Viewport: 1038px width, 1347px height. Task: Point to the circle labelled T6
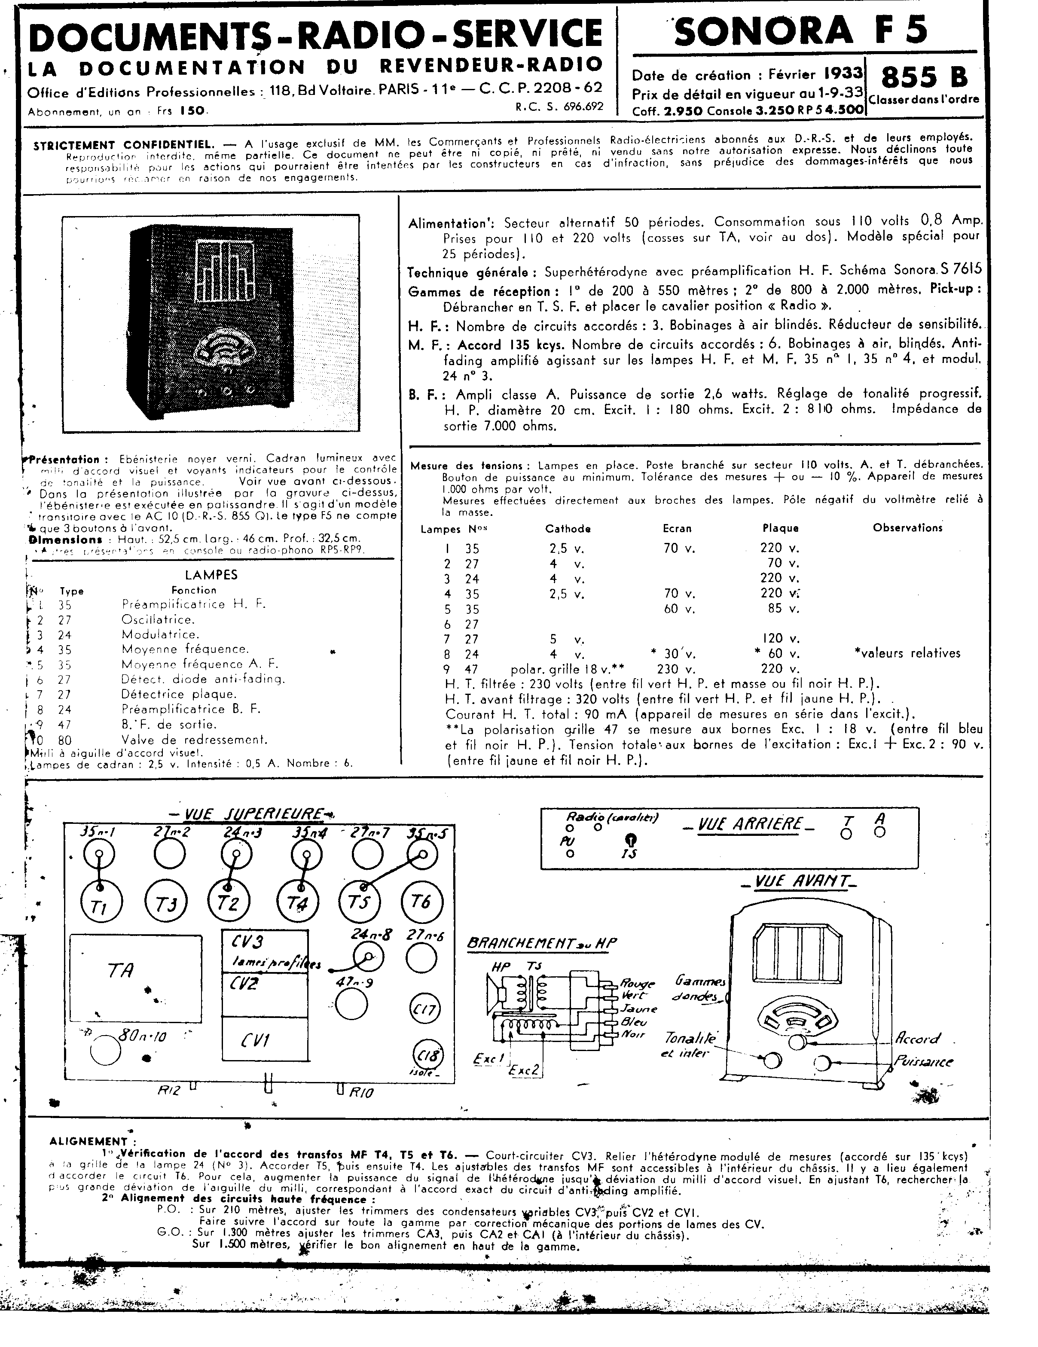pyautogui.click(x=422, y=901)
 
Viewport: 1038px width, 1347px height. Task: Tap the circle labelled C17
pyautogui.click(x=424, y=1010)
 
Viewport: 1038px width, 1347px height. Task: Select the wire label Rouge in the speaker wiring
pyautogui.click(x=637, y=983)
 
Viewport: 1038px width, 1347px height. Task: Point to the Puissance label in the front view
pyautogui.click(x=923, y=1061)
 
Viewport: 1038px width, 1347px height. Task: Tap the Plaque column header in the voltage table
pyautogui.click(x=780, y=528)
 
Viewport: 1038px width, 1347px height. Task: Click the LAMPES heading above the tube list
pyautogui.click(x=211, y=575)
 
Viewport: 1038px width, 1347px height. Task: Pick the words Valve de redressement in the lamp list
pyautogui.click(x=194, y=740)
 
